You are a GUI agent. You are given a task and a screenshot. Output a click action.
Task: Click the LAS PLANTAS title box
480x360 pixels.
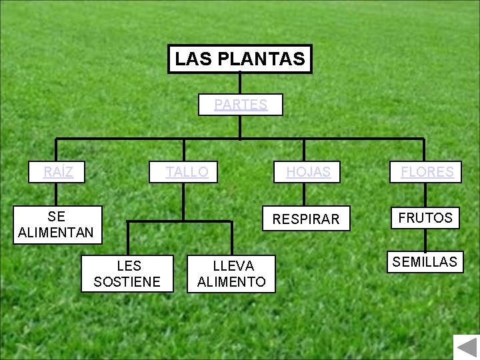(x=240, y=59)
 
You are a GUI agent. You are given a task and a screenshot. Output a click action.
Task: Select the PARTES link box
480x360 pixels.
(x=241, y=105)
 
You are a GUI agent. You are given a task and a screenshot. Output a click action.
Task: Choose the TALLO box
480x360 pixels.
(x=187, y=172)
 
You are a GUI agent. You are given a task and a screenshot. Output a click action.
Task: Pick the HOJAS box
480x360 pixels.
(x=308, y=172)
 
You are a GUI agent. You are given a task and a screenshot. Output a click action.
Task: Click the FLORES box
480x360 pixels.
(x=427, y=172)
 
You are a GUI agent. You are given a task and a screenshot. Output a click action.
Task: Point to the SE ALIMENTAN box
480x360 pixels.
(x=56, y=225)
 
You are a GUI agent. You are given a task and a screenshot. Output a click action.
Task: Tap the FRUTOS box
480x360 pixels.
(x=425, y=217)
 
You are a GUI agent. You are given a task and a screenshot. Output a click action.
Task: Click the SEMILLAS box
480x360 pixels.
(x=425, y=262)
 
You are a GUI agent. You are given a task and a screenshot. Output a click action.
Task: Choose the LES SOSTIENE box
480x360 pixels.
(x=127, y=273)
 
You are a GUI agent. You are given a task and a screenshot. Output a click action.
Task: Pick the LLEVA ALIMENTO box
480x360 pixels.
(x=231, y=273)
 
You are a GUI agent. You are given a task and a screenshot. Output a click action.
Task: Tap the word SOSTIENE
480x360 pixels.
(x=127, y=281)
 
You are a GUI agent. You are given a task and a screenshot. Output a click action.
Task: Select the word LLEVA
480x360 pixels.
(x=231, y=266)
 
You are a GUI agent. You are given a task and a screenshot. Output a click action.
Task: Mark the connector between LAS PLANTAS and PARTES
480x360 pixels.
(x=240, y=84)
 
